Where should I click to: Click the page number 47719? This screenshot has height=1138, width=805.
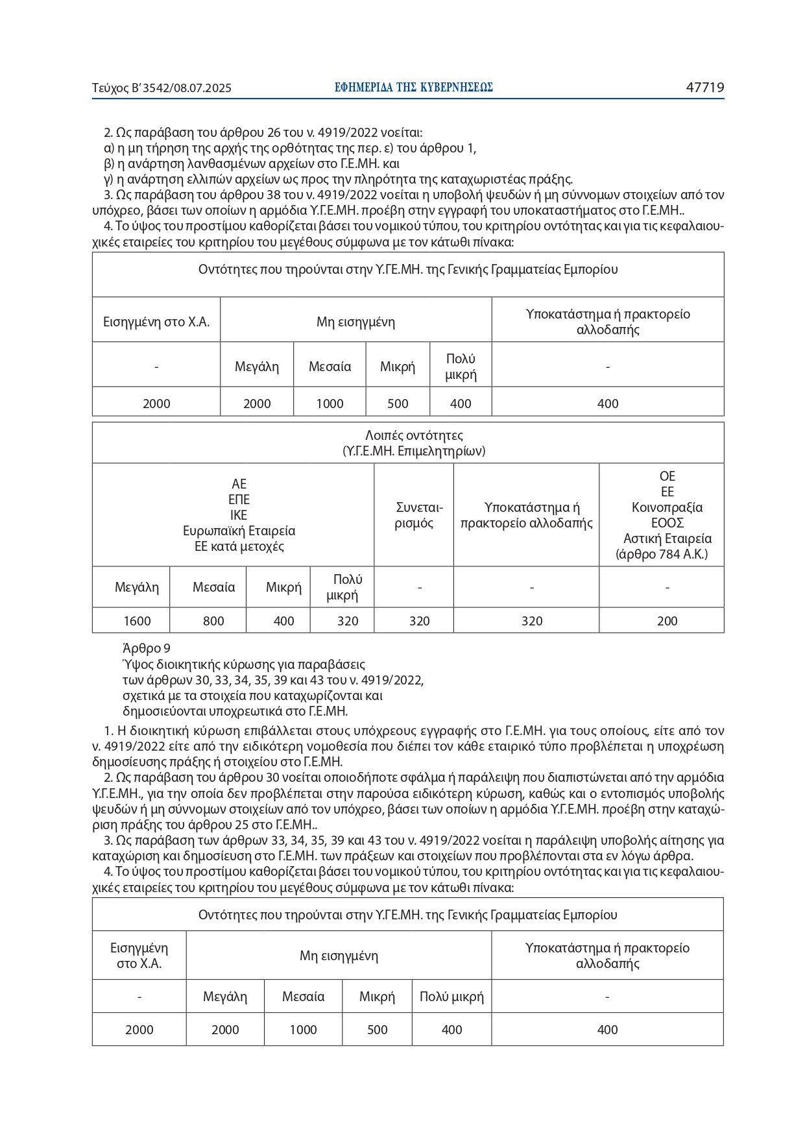(x=705, y=88)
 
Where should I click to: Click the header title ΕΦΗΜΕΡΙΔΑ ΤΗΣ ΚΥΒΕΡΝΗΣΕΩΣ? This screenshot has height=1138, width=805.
(x=414, y=88)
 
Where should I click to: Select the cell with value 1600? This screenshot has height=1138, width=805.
(x=137, y=621)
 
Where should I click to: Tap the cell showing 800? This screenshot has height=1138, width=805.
(x=213, y=621)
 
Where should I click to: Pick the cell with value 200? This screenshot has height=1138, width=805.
(x=667, y=621)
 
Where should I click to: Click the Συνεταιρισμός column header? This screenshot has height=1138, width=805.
(x=414, y=515)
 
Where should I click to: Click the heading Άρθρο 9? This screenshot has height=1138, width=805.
(x=147, y=648)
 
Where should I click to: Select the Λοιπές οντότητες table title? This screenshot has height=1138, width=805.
(x=414, y=435)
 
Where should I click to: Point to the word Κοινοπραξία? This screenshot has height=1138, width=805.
(x=667, y=507)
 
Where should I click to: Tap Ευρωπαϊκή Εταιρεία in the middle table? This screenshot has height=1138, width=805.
(x=239, y=531)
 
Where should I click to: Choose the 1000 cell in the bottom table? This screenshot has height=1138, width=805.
(x=303, y=1030)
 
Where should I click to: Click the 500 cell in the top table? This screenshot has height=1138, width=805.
(x=398, y=404)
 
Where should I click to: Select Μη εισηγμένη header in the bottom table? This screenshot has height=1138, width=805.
(x=339, y=956)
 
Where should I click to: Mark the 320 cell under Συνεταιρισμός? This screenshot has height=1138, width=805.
(x=420, y=621)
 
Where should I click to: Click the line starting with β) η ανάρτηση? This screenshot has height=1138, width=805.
(x=252, y=163)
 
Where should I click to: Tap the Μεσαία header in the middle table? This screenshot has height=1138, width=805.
(x=213, y=587)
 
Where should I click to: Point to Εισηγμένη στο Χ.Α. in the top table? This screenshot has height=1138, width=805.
(x=156, y=322)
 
